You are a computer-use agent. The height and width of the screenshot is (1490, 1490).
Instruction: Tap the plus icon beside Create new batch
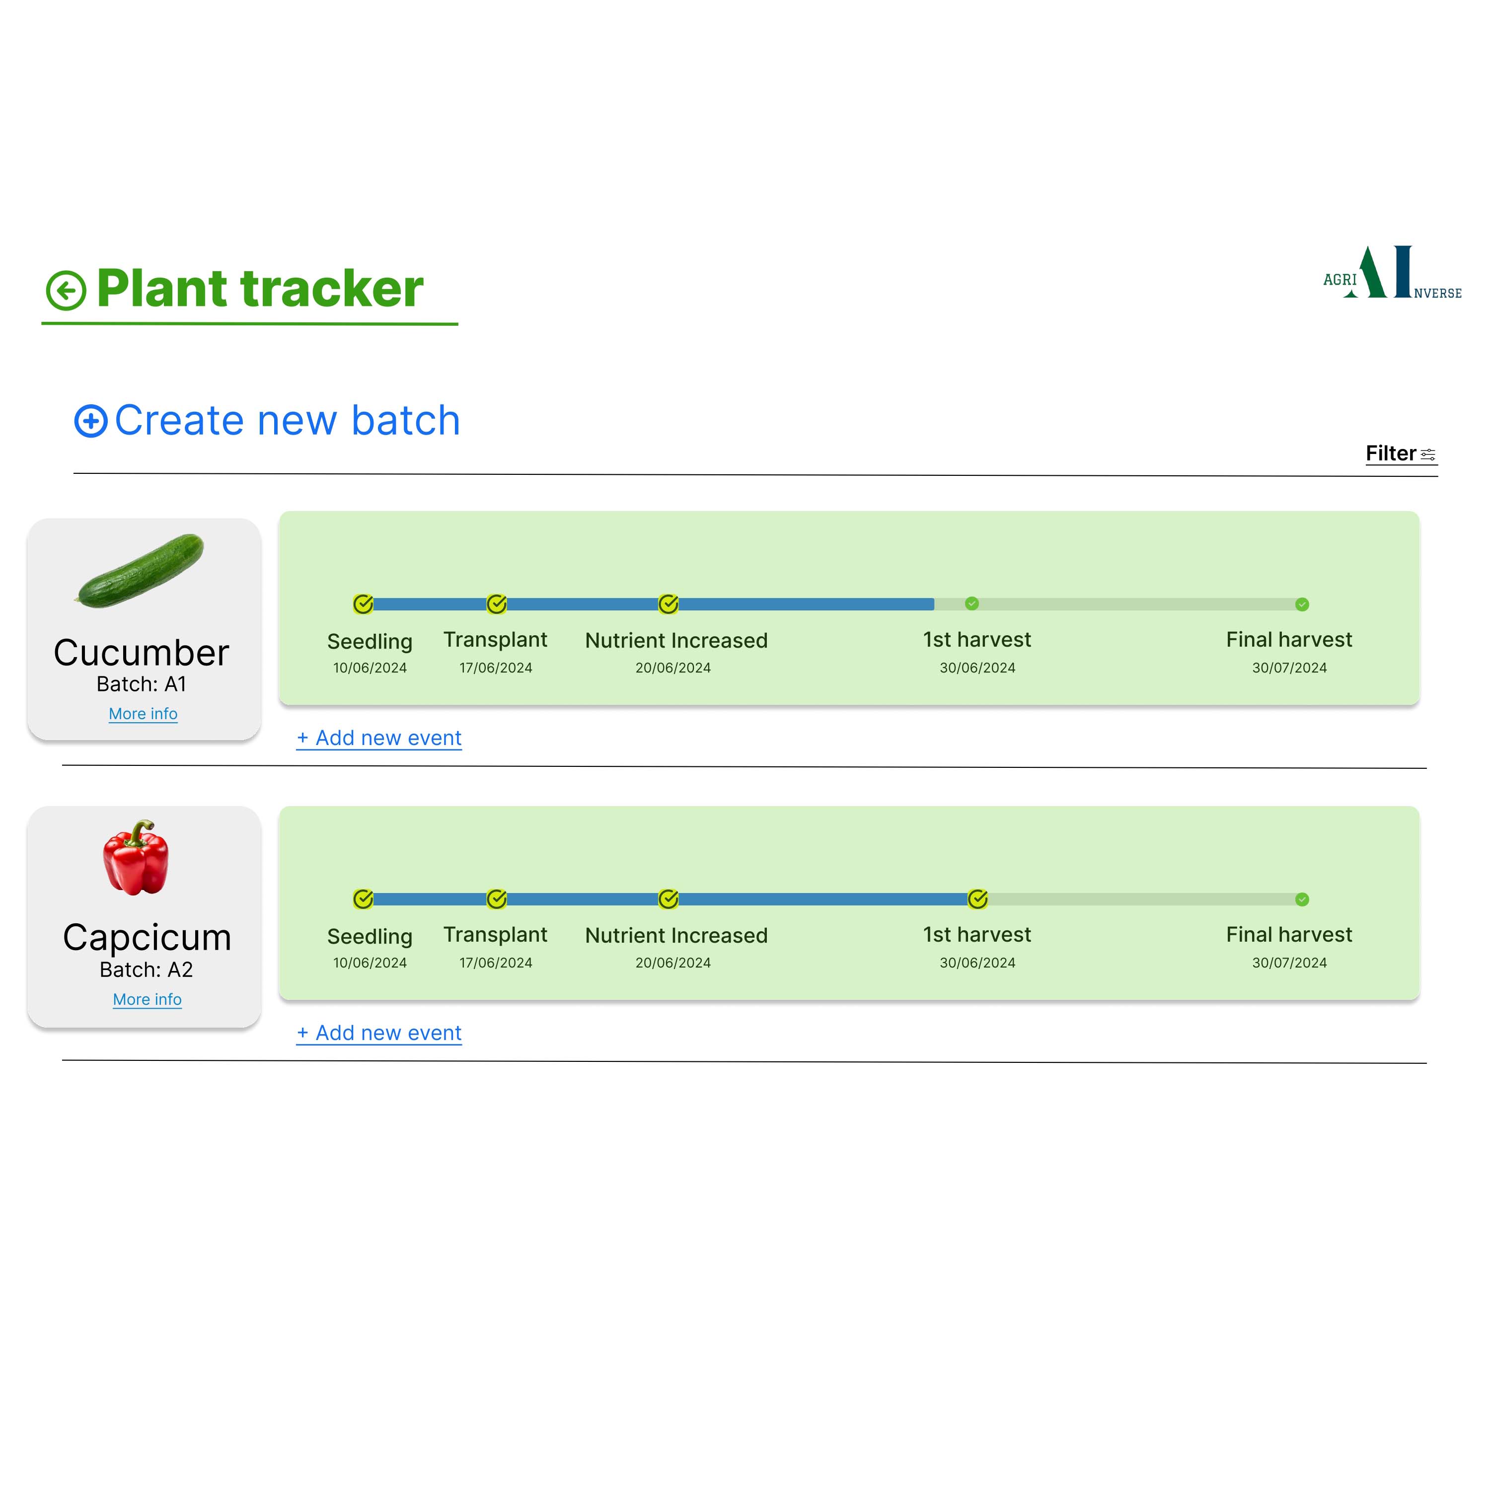tap(91, 421)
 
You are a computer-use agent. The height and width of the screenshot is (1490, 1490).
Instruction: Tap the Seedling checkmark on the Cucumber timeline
tap(363, 604)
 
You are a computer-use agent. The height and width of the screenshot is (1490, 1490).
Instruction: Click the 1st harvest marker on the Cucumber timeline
tap(972, 604)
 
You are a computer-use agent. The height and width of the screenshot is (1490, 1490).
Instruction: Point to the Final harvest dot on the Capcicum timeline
tap(1302, 899)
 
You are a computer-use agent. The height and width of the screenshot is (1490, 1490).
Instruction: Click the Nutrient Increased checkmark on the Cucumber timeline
tap(669, 604)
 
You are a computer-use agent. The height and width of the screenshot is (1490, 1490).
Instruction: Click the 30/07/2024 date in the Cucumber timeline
tap(1289, 668)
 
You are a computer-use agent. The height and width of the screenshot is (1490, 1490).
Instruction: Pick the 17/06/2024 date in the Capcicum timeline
tap(495, 963)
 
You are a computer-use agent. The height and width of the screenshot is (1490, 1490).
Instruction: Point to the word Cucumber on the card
tap(141, 653)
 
